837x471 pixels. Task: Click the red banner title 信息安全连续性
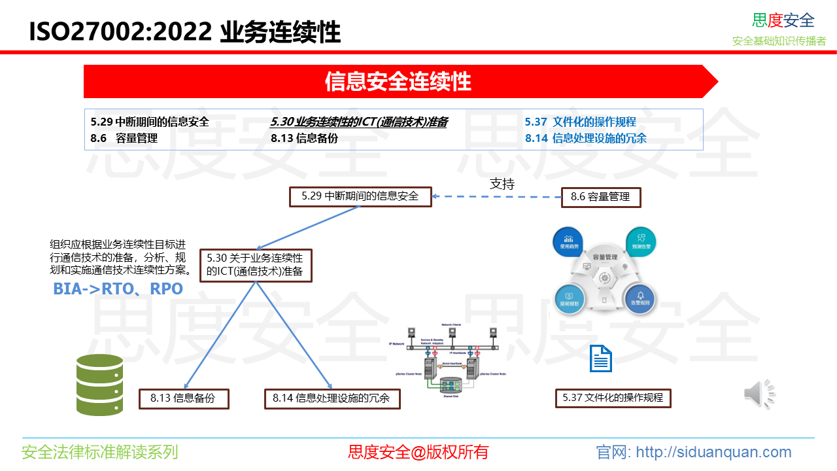pos(398,82)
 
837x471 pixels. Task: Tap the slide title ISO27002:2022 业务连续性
pos(185,31)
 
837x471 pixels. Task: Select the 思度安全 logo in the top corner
pos(783,20)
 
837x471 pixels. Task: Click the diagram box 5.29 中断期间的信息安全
pos(360,196)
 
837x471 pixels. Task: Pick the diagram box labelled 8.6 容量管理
pos(600,197)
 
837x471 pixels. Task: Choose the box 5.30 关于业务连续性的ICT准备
pos(255,265)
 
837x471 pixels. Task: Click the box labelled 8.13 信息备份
pos(183,398)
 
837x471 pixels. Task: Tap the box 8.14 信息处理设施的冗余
pos(332,398)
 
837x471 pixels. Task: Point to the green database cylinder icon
pos(99,385)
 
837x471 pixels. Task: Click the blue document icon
pos(601,359)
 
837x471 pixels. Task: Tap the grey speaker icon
pos(759,394)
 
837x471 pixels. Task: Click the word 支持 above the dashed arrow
pos(502,184)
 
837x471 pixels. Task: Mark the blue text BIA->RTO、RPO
pos(118,288)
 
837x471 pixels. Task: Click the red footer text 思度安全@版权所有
pos(418,452)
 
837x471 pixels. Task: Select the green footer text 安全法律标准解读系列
pos(99,452)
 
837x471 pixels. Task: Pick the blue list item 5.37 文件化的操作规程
pos(580,122)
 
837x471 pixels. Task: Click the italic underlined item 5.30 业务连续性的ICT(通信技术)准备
pos(359,122)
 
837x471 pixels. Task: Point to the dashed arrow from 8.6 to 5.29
pos(496,196)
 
